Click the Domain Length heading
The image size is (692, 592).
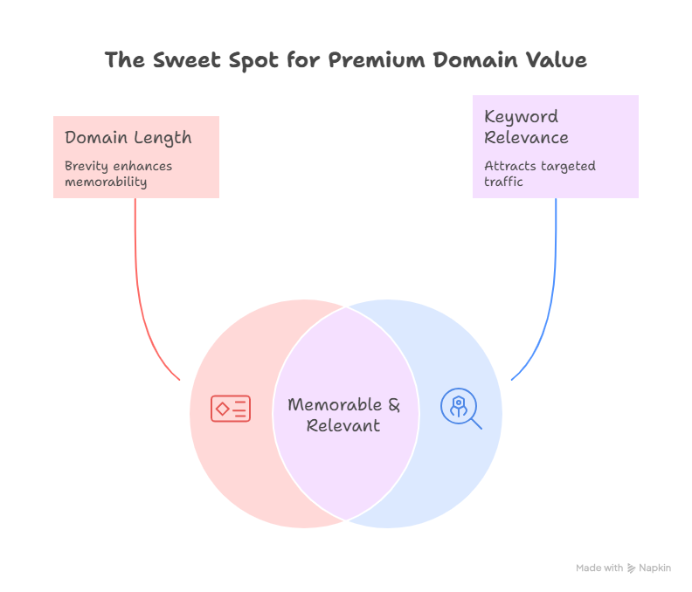128,138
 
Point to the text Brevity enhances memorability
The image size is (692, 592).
118,174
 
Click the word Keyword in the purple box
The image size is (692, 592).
521,117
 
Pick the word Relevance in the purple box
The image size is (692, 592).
526,138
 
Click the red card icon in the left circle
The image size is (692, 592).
231,409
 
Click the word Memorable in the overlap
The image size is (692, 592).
335,405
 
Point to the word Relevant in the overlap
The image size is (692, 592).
343,426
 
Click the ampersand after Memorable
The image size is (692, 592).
393,405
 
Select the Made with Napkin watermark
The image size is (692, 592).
623,568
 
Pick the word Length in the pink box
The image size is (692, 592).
164,138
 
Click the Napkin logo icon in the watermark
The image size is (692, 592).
631,568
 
